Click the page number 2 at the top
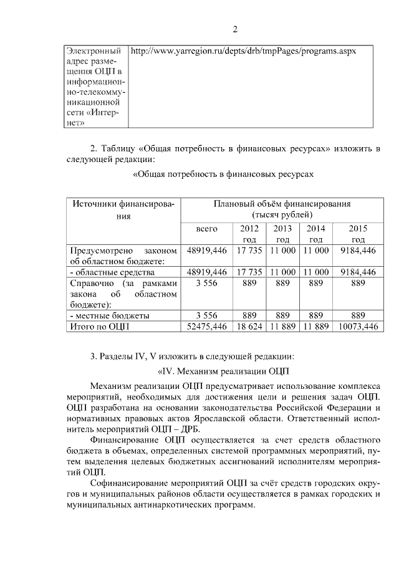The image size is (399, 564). [235, 29]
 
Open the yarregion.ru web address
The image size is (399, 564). [243, 50]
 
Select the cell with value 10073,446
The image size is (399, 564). [358, 326]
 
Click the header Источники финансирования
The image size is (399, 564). [123, 209]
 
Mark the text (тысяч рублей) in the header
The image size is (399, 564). [282, 214]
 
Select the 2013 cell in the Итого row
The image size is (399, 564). [282, 326]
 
